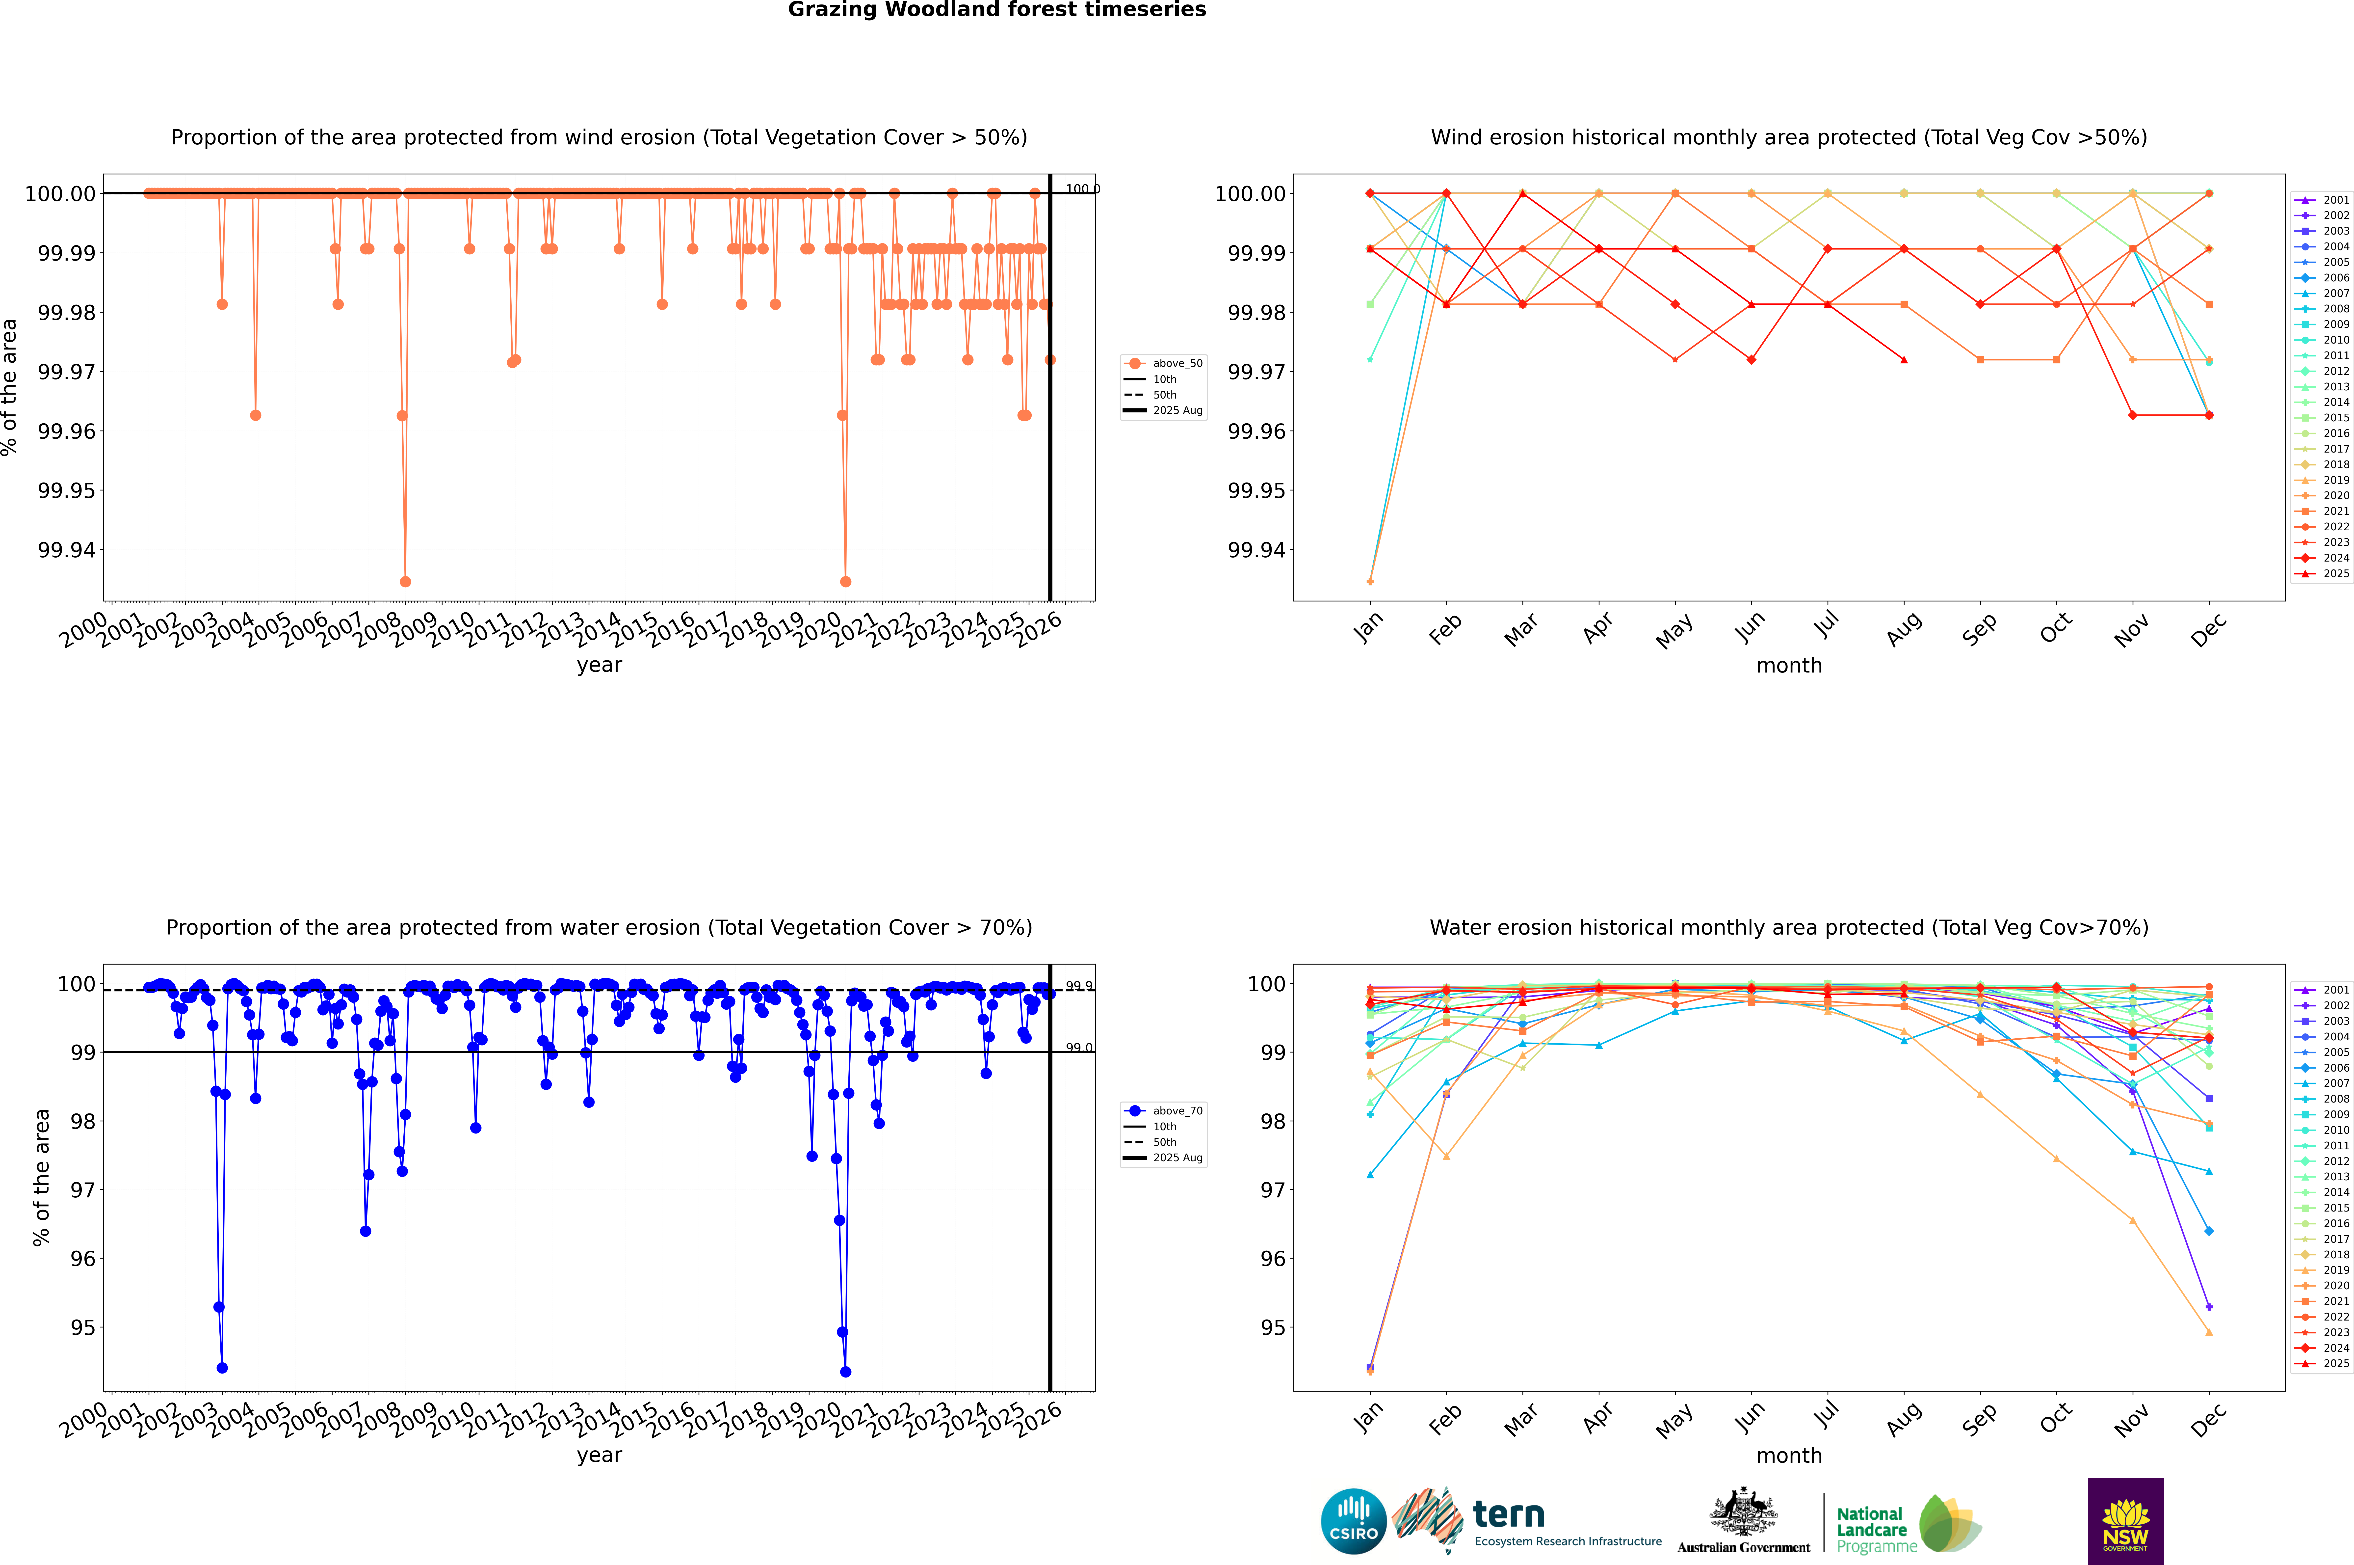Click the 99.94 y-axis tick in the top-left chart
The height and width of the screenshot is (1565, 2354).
66,550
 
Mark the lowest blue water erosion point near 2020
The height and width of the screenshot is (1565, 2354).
845,1371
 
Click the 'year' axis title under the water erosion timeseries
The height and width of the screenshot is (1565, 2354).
599,1455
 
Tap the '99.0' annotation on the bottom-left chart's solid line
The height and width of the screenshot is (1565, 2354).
1079,1048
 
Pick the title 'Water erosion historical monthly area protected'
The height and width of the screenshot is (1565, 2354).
1788,927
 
